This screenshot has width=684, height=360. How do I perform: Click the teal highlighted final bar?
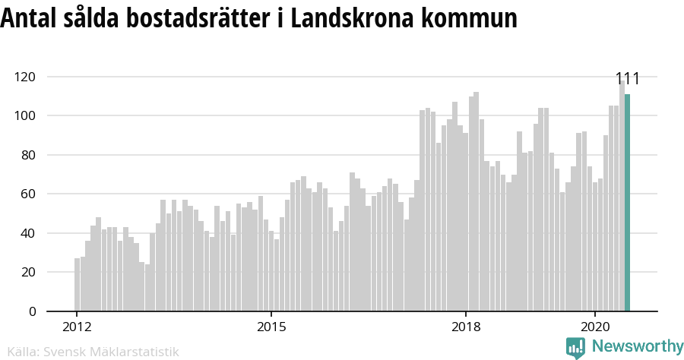coord(627,203)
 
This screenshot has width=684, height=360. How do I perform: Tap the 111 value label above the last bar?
coord(627,79)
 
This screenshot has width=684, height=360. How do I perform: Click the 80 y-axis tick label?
coord(28,155)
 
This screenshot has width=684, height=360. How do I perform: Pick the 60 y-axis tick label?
coord(28,194)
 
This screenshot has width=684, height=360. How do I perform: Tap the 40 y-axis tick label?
coord(28,233)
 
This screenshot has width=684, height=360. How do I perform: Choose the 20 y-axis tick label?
coord(28,272)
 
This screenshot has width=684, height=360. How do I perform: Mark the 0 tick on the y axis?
coord(32,311)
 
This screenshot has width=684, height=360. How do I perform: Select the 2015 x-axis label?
coord(271,327)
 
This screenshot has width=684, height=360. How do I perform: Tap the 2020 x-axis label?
coord(595,327)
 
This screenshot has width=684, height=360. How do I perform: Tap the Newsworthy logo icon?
coord(575,347)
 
